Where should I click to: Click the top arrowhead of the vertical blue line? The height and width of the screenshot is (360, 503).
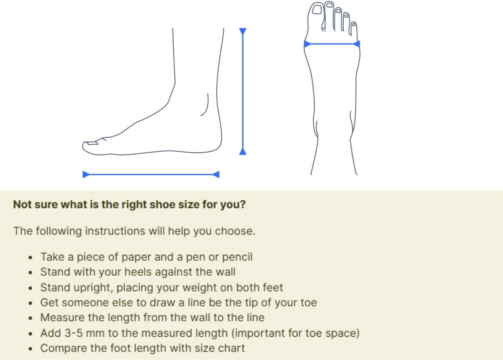(x=243, y=31)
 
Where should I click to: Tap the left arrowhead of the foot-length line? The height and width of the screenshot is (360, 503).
(x=86, y=175)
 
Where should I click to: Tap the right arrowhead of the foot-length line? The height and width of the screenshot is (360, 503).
(x=216, y=175)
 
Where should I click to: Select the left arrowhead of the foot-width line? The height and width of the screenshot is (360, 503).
(x=307, y=44)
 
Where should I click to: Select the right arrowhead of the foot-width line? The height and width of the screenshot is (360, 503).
(x=357, y=44)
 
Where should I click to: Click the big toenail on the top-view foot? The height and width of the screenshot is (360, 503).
(x=317, y=9)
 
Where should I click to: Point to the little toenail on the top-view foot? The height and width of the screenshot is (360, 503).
(x=353, y=24)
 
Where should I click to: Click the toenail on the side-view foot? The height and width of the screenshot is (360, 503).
(x=92, y=143)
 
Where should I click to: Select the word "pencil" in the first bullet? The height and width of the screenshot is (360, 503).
(x=238, y=257)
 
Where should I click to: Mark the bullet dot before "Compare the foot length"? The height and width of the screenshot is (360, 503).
(x=30, y=349)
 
